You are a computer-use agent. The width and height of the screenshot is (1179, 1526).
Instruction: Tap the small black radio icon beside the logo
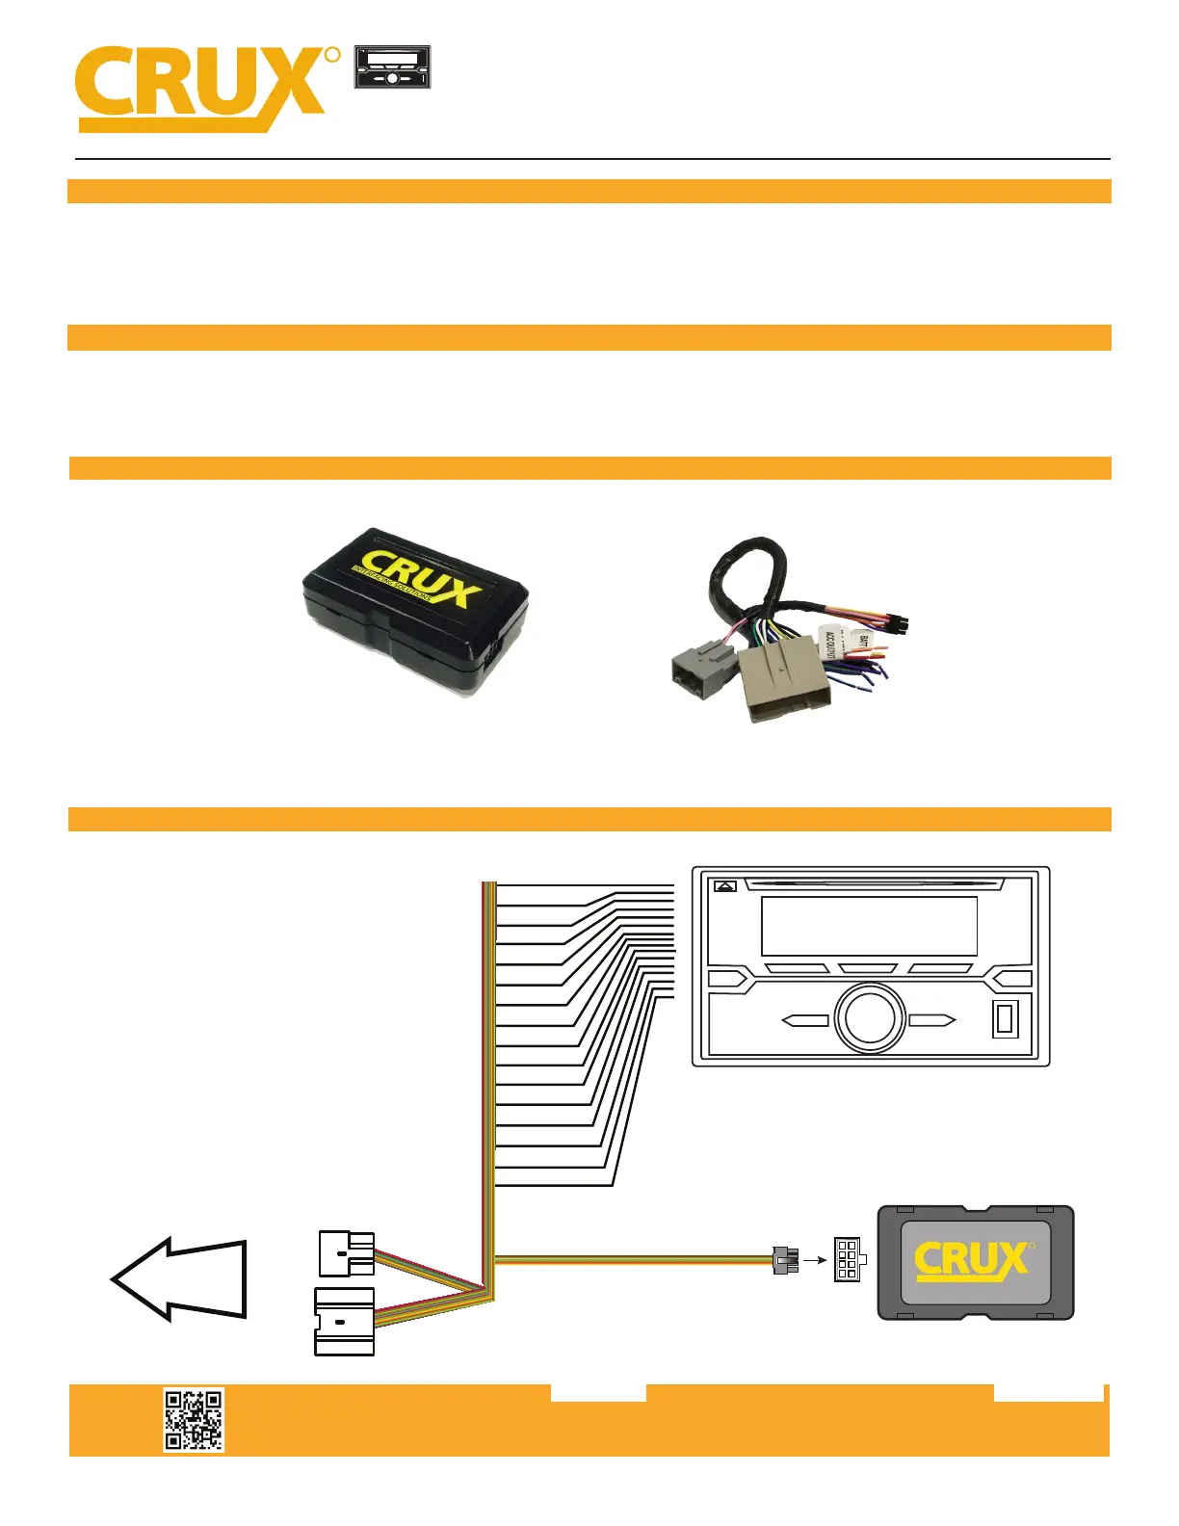[x=392, y=67]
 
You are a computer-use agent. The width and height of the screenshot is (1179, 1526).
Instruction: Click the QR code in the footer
[x=194, y=1419]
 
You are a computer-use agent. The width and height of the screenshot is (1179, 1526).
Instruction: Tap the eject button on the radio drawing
[x=725, y=886]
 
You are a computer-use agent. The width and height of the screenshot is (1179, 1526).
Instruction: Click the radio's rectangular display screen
[x=869, y=926]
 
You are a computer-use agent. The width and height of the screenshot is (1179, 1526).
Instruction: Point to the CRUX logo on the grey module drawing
[x=974, y=1260]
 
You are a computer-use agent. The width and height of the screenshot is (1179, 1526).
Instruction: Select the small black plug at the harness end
[x=786, y=1259]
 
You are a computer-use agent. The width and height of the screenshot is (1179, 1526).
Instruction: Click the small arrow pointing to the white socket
[x=815, y=1259]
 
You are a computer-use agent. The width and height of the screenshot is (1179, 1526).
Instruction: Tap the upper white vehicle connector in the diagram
[x=346, y=1253]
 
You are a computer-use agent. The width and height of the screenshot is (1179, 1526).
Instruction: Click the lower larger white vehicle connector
[x=344, y=1321]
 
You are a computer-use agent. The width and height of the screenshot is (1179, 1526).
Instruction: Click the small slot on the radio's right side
[x=1005, y=1019]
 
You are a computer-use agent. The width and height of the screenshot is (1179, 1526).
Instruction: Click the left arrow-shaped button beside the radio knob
[x=804, y=1020]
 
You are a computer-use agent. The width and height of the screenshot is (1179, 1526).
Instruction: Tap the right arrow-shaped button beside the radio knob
[x=932, y=1020]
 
